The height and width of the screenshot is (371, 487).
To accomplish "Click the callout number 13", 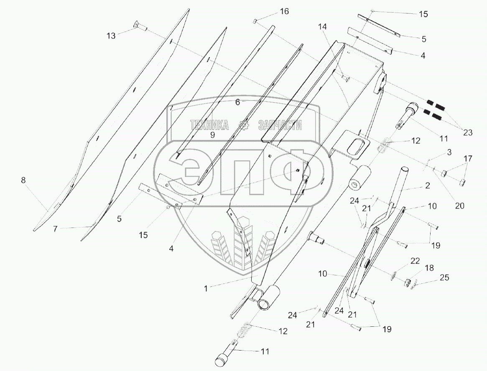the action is (111, 36).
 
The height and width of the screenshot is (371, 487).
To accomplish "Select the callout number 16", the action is (284, 11).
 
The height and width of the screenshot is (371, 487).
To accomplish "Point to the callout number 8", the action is (23, 180).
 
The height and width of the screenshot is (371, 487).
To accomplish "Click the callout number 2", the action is (427, 186).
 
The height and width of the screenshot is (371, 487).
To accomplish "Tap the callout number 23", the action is (467, 133).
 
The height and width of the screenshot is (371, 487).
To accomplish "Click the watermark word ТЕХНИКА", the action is (209, 125).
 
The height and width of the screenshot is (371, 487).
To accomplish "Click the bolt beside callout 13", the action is (140, 28).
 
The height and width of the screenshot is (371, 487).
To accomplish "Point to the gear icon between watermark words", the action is (242, 125).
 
